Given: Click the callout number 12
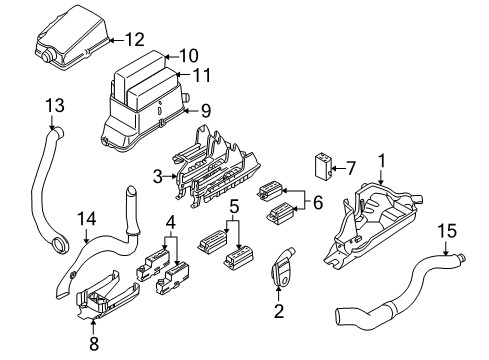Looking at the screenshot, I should [134, 40].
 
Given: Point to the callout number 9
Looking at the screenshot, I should [206, 110].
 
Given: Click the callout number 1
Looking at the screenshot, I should [381, 159].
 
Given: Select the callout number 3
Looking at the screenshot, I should [157, 177].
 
